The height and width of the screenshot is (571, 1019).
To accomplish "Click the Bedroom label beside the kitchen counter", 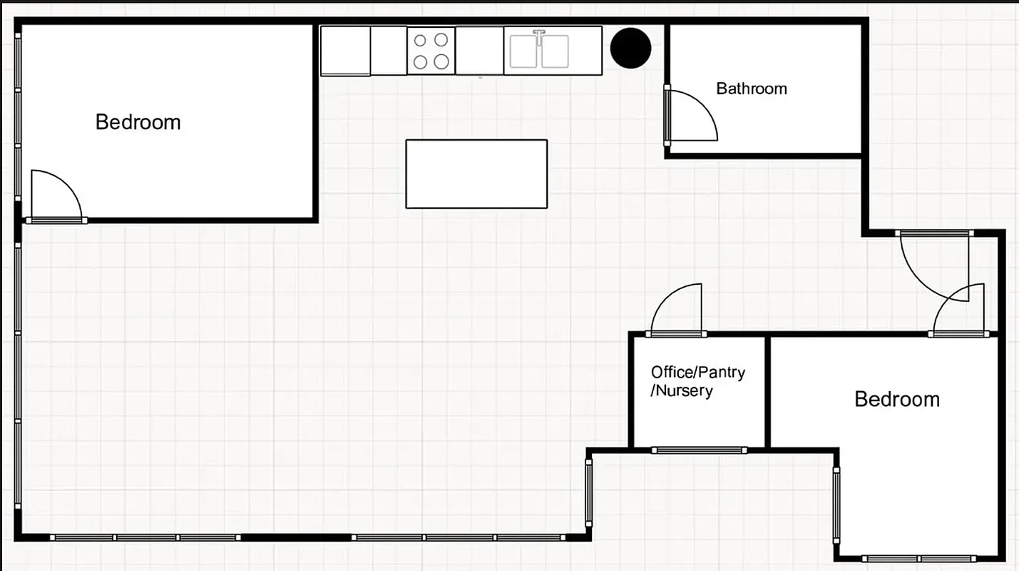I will (x=138, y=122).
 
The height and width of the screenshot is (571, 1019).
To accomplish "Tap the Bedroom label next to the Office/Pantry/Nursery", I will (x=897, y=399).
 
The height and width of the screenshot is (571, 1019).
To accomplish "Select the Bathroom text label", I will (x=752, y=89).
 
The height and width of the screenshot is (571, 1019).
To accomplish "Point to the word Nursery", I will (x=685, y=391).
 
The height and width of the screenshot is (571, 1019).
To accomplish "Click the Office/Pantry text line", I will (x=697, y=372).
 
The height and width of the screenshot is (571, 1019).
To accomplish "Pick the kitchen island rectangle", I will (x=476, y=174).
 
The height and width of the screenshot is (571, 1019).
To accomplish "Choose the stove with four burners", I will (x=431, y=51).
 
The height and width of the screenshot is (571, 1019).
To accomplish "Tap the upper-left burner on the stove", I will (x=421, y=40).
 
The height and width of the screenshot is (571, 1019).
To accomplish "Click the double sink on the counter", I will (x=539, y=51).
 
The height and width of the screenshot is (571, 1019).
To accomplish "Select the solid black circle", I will (x=631, y=48).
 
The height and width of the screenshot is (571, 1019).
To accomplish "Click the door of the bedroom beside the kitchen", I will (x=56, y=196).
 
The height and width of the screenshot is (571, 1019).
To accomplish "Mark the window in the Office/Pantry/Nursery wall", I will (x=699, y=450).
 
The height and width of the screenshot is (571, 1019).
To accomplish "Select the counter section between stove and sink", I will (x=479, y=51).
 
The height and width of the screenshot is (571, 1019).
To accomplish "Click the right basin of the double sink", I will (x=555, y=51).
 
